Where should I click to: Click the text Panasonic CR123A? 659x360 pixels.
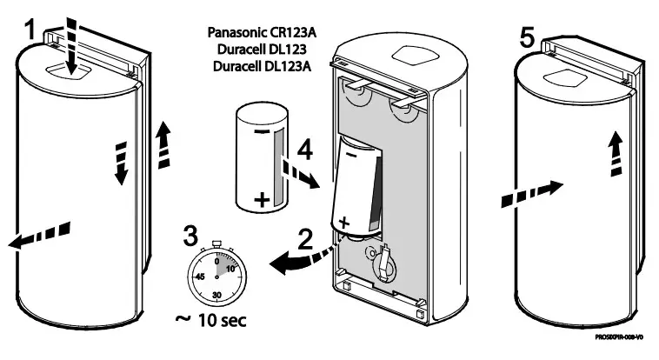click(262, 33)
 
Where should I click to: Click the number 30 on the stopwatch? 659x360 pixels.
click(217, 294)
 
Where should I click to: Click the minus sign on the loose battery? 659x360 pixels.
click(263, 131)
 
